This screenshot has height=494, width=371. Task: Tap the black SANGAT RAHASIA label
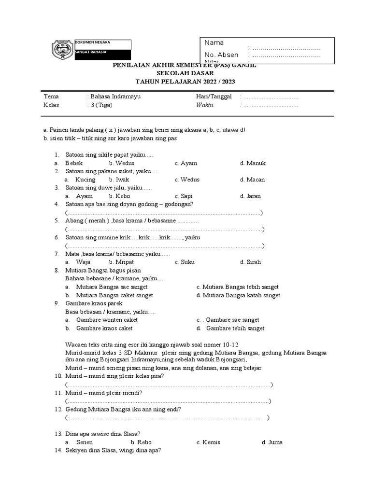click(x=102, y=55)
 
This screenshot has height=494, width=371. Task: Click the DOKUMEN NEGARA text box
click(x=102, y=44)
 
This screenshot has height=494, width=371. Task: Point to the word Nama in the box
click(x=214, y=42)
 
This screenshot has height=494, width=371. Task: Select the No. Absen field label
click(x=221, y=55)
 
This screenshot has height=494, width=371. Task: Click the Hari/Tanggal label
click(x=214, y=96)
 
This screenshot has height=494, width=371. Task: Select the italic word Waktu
click(x=205, y=105)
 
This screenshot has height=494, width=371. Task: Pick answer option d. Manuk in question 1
click(x=253, y=163)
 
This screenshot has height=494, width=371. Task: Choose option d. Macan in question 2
click(x=252, y=179)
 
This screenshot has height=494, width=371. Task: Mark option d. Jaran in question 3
click(x=250, y=196)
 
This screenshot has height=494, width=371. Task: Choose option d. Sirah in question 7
click(x=250, y=262)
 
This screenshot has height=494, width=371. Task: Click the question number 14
click(x=57, y=450)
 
